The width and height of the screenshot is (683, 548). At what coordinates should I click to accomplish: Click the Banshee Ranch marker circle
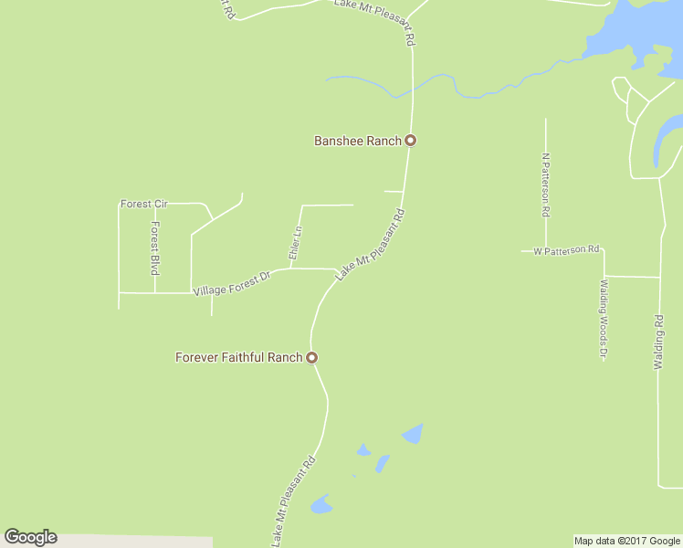click(x=411, y=141)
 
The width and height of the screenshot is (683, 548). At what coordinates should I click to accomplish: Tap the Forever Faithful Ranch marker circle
click(x=311, y=357)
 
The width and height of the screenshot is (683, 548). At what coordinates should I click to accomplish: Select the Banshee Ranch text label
click(x=358, y=141)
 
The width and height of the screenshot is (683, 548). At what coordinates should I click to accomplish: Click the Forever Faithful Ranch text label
click(x=238, y=357)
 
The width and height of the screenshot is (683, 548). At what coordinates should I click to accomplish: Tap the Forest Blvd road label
click(x=155, y=248)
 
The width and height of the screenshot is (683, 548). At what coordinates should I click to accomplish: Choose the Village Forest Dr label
click(x=233, y=283)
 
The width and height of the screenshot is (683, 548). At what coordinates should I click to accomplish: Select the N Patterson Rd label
click(x=546, y=184)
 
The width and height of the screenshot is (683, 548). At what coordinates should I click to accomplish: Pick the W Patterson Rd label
click(x=566, y=249)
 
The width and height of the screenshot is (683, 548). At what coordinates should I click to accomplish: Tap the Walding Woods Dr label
click(x=604, y=319)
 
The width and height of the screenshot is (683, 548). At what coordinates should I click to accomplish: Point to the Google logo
click(x=30, y=537)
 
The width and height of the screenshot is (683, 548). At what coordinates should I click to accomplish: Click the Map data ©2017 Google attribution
click(x=627, y=541)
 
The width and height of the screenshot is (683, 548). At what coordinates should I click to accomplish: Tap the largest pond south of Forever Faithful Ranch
click(x=413, y=433)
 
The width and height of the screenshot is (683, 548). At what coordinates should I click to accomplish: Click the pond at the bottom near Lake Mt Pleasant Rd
click(x=320, y=504)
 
